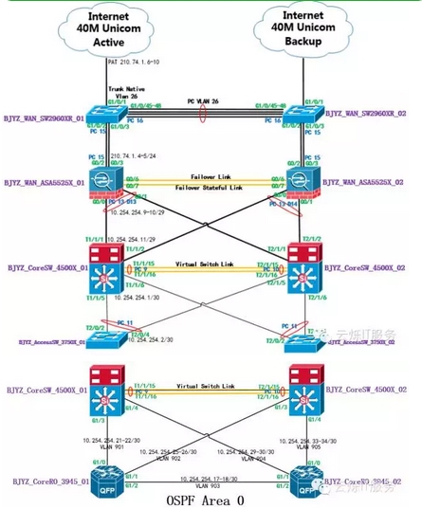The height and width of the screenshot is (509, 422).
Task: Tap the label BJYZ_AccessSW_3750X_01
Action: (48, 337)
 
